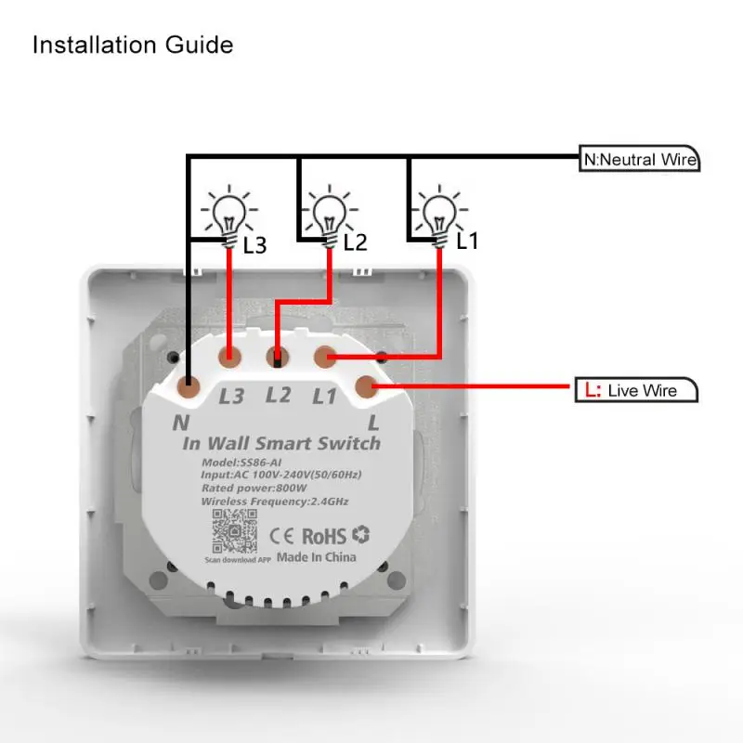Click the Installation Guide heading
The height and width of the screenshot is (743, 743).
click(132, 45)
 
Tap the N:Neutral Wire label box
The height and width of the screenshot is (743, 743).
click(639, 159)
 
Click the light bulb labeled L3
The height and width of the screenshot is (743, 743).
click(228, 213)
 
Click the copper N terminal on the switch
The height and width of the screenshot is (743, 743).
click(189, 383)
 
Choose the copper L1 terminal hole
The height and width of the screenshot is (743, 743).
click(325, 356)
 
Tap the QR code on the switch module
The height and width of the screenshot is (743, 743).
click(232, 533)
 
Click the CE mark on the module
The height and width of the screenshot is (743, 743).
click(283, 535)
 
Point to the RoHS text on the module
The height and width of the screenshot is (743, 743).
click(323, 535)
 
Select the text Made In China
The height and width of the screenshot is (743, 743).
click(316, 557)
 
